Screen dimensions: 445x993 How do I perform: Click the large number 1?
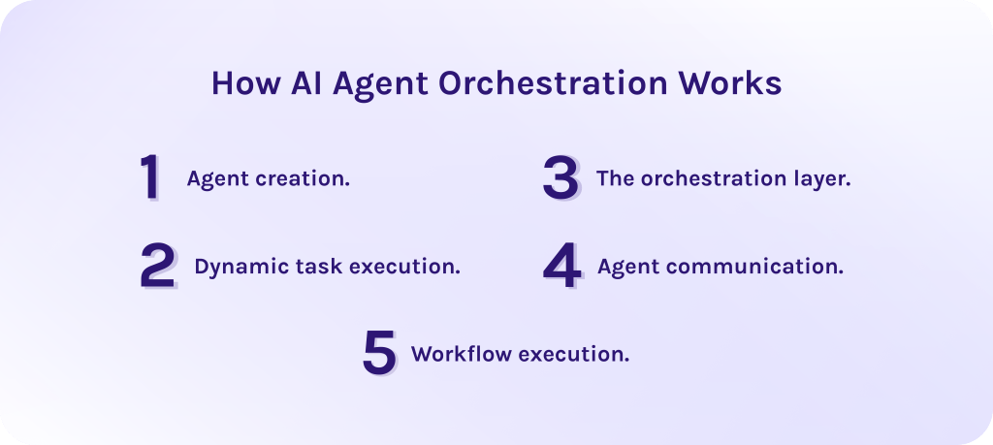coord(150,178)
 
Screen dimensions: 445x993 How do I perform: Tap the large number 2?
coord(157,267)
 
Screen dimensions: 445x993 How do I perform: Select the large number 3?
coord(561,178)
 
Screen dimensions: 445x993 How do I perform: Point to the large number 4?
coord(561,267)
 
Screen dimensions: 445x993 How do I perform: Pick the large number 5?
coord(379,353)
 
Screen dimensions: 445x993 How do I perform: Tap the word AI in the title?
coord(308,84)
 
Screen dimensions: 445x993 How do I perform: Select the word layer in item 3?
coord(824,180)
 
